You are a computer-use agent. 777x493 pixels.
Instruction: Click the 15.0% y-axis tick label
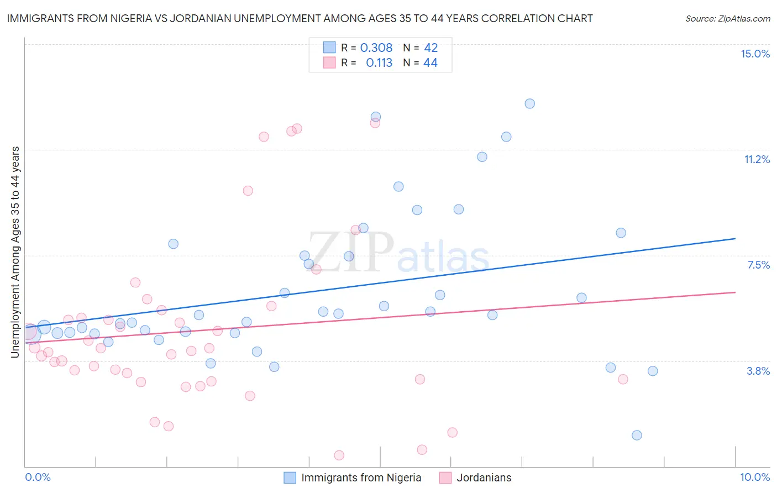[x=755, y=54]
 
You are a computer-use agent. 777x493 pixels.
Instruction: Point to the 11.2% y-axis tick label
[x=757, y=159]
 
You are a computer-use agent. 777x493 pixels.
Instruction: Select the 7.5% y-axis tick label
[x=758, y=265]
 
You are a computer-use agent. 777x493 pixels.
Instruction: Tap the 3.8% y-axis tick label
[x=758, y=371]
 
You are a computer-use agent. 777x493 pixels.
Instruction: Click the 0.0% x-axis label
[x=38, y=477]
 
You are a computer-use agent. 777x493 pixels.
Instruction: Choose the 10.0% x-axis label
[x=755, y=477]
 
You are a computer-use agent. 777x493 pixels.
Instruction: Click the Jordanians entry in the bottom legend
[x=484, y=478]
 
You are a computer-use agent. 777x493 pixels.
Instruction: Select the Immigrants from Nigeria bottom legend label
[x=361, y=478]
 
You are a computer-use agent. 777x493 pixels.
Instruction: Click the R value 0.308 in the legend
[x=376, y=48]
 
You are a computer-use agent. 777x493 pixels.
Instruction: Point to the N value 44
[x=431, y=63]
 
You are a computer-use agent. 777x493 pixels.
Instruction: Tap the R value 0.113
[x=379, y=63]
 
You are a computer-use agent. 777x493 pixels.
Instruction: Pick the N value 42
[x=431, y=48]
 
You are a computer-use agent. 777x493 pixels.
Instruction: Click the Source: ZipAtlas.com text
[x=727, y=19]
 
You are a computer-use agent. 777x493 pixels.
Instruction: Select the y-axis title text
[x=15, y=251]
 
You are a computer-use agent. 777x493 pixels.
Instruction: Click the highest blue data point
[x=529, y=103]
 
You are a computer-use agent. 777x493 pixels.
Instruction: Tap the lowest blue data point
[x=637, y=435]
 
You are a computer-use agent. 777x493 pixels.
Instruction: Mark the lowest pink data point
[x=339, y=455]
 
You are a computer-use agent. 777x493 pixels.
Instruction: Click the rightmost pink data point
[x=623, y=379]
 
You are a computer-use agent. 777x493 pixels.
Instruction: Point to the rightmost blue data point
[x=653, y=371]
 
